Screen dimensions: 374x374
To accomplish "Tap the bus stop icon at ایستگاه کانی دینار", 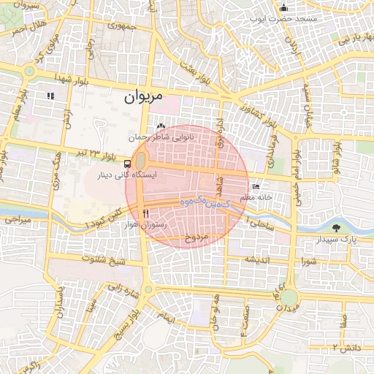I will click(128, 164).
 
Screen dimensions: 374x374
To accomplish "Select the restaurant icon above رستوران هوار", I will click(146, 213).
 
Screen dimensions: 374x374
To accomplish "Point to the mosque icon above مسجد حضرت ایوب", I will click(283, 8).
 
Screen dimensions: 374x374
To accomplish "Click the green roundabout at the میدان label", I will click(290, 298).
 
